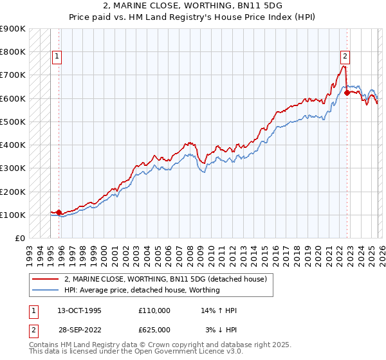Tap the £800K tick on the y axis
tap(13, 51)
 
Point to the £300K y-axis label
tap(13, 168)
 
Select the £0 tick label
tap(19, 239)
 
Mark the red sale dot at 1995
tap(59, 212)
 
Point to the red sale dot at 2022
tap(347, 93)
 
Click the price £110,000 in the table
tap(154, 310)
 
